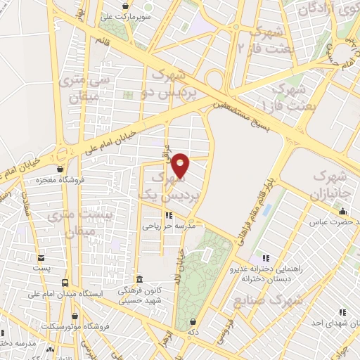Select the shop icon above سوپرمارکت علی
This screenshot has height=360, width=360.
point(125,6)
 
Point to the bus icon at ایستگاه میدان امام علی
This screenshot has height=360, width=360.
point(65,283)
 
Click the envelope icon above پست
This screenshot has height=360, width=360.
point(41,258)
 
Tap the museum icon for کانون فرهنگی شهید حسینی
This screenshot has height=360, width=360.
point(140,279)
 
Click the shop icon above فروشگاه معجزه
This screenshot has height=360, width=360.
point(60,169)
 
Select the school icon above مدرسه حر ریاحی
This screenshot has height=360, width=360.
point(168,215)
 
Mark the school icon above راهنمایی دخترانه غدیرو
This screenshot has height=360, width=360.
point(265,258)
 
